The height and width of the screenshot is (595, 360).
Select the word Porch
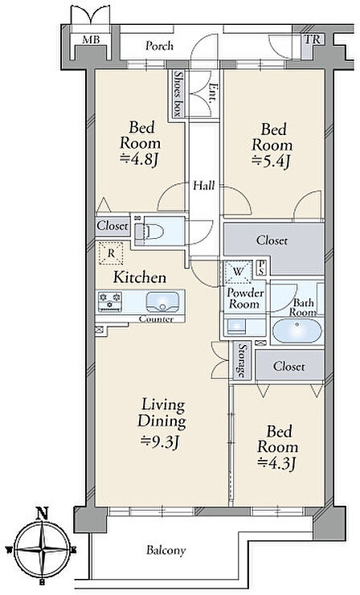pyautogui.click(x=160, y=46)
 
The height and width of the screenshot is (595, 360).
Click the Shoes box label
pyautogui.click(x=177, y=93)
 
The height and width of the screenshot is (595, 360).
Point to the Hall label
pyautogui.click(x=204, y=186)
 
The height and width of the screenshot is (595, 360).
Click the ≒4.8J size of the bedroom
pyautogui.click(x=138, y=160)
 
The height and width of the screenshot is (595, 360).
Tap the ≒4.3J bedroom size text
pyautogui.click(x=277, y=462)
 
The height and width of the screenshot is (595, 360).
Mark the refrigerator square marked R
pyautogui.click(x=111, y=253)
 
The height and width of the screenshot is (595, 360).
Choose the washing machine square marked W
pyautogui.click(x=238, y=272)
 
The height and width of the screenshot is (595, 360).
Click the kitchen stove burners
pyautogui.click(x=110, y=302)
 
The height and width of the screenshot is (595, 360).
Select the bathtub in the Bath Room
pyautogui.click(x=297, y=331)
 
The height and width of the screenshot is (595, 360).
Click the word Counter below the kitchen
pyautogui.click(x=156, y=319)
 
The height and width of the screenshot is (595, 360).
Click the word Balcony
pyautogui.click(x=166, y=550)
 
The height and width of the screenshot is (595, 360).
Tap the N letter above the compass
pyautogui.click(x=42, y=514)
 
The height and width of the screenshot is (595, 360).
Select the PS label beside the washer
pyautogui.click(x=262, y=268)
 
